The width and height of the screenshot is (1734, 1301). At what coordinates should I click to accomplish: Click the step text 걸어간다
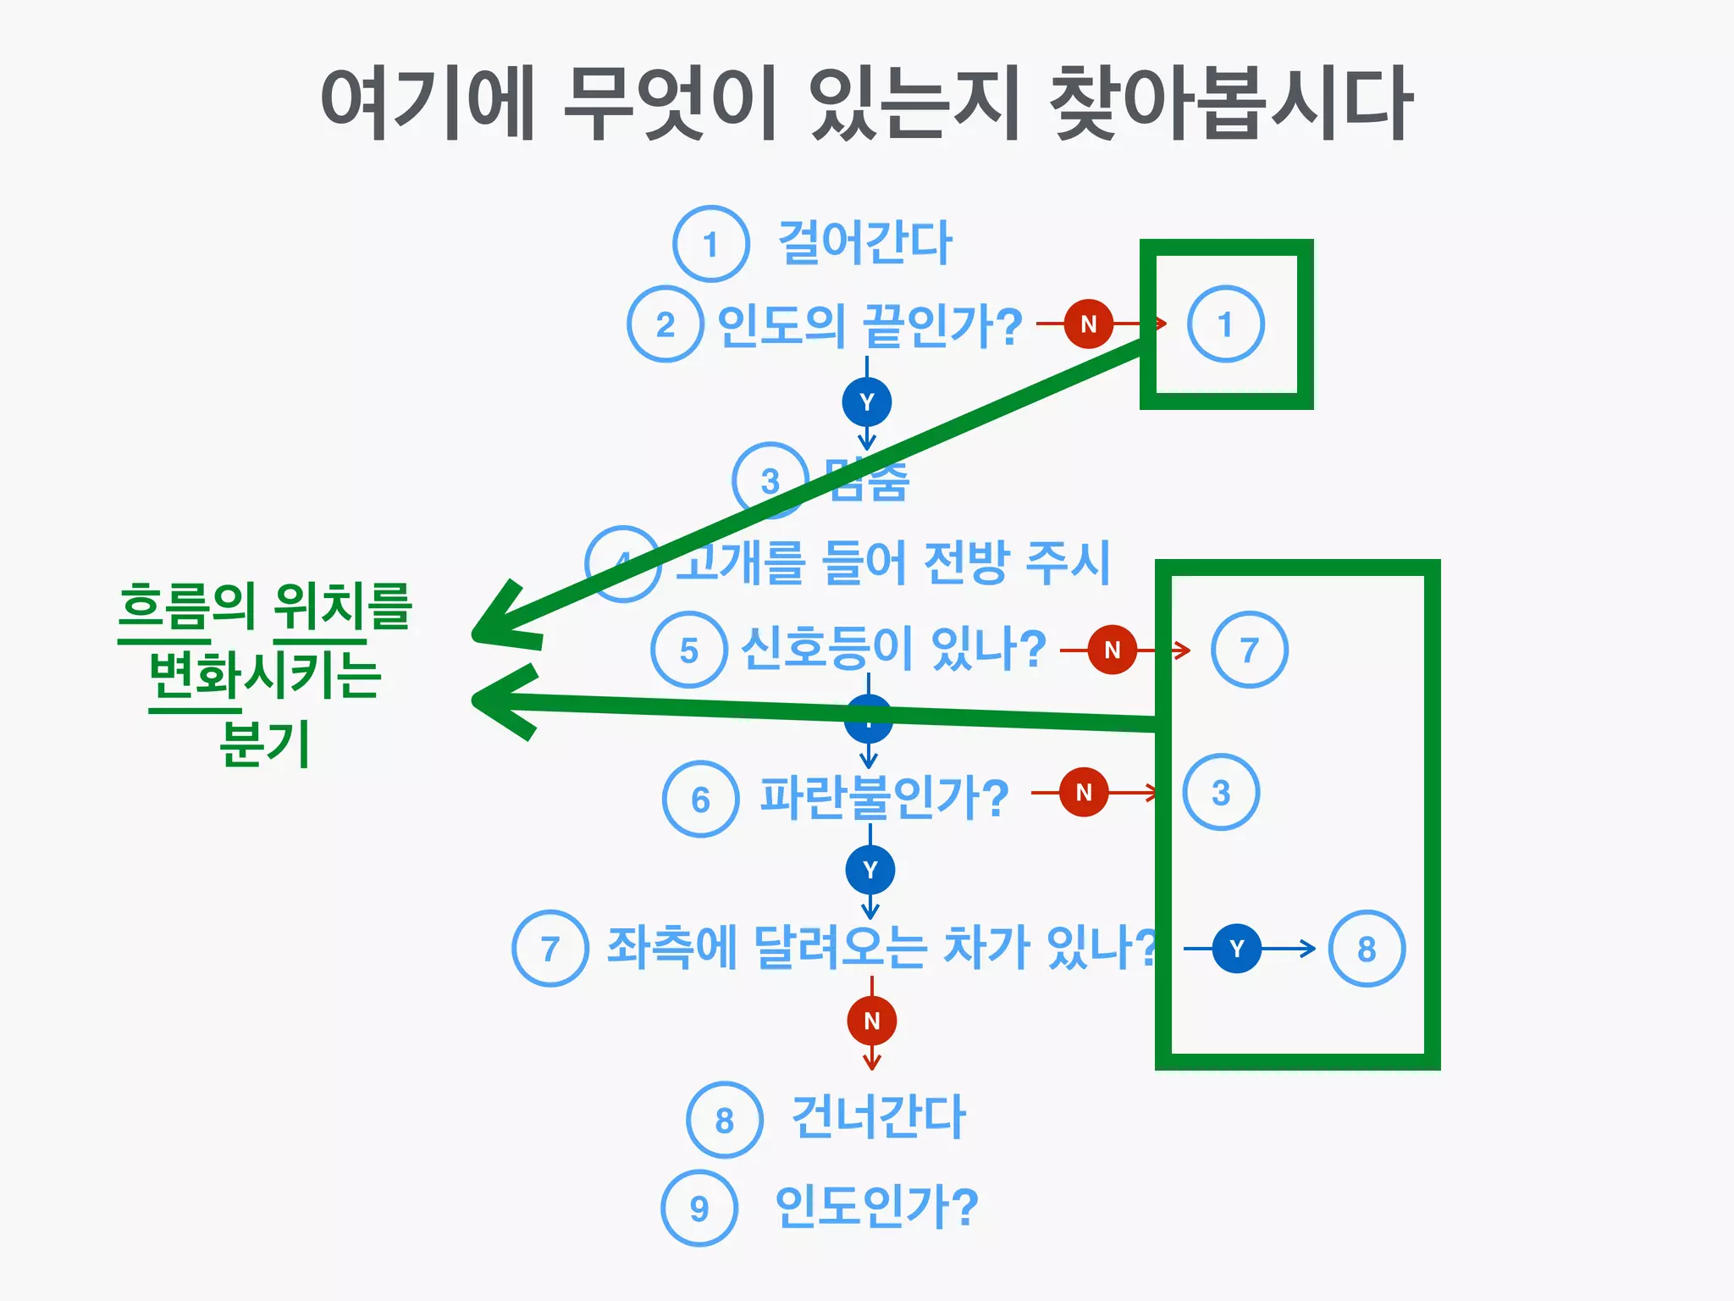click(864, 243)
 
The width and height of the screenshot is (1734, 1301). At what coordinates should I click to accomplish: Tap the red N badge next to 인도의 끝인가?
click(1088, 324)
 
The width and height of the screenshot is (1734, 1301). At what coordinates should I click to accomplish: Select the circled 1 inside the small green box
click(1225, 324)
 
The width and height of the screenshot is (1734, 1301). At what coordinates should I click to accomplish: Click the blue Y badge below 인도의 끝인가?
click(866, 401)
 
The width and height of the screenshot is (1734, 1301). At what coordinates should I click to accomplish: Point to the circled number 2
click(665, 324)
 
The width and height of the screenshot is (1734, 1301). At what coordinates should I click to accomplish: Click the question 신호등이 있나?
click(893, 650)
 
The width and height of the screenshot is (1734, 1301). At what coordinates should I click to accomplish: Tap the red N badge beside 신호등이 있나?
click(1112, 650)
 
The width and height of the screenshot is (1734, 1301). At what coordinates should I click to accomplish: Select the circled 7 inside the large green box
click(1249, 650)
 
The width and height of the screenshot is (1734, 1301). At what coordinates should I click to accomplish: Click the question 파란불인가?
click(884, 797)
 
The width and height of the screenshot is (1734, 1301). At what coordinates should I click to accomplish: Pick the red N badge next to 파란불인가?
click(1084, 792)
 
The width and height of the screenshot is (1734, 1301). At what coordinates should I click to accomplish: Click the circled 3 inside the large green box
click(1220, 793)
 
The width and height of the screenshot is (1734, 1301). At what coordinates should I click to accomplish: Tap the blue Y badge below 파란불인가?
click(870, 870)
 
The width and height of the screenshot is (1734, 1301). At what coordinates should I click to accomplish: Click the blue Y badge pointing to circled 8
click(1236, 949)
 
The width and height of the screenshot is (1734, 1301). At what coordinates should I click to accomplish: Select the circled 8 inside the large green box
click(1366, 949)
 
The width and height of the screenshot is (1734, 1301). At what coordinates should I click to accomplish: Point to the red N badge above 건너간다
click(871, 1021)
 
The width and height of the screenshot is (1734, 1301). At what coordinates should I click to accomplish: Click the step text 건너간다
click(878, 1118)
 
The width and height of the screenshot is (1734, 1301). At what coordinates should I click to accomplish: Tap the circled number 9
click(699, 1208)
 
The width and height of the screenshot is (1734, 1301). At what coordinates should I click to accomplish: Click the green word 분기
click(264, 744)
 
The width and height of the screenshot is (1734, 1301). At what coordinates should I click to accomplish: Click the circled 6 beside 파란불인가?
click(700, 799)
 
